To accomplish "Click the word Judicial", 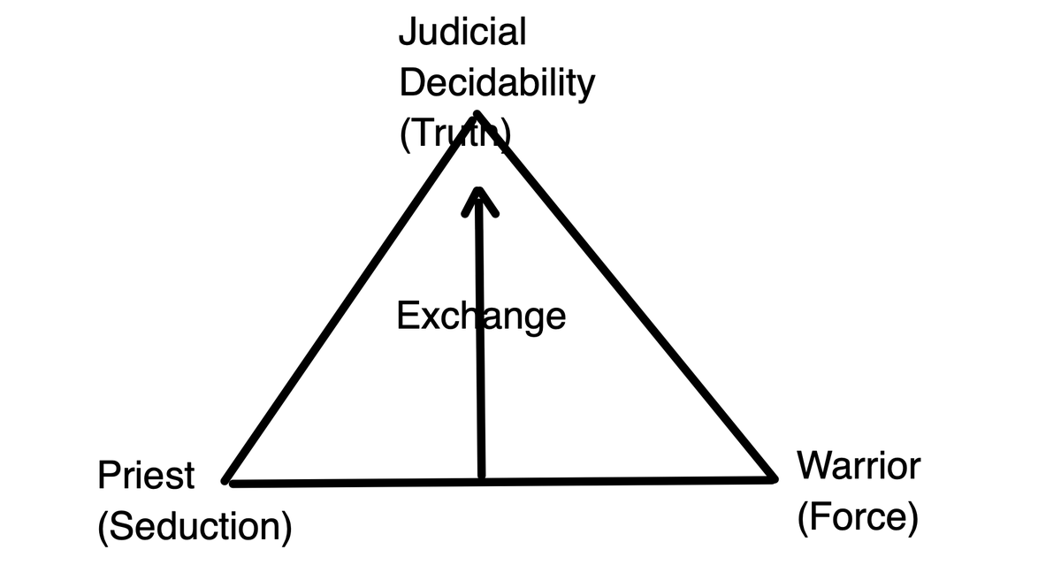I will [x=462, y=33].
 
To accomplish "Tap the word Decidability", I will [x=497, y=84].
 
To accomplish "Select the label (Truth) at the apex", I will [x=454, y=135].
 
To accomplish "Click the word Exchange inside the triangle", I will [x=481, y=315].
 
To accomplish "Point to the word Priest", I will [x=146, y=476].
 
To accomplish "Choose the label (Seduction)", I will [x=195, y=527].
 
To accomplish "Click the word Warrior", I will [x=858, y=465].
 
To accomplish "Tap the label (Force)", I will [x=857, y=516].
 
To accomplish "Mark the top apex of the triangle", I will [x=477, y=114].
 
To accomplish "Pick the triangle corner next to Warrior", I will [x=774, y=479].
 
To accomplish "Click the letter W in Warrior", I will [x=813, y=465].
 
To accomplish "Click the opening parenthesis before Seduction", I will [x=103, y=528].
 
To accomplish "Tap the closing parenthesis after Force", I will [x=912, y=517].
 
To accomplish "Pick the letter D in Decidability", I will [x=410, y=83].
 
